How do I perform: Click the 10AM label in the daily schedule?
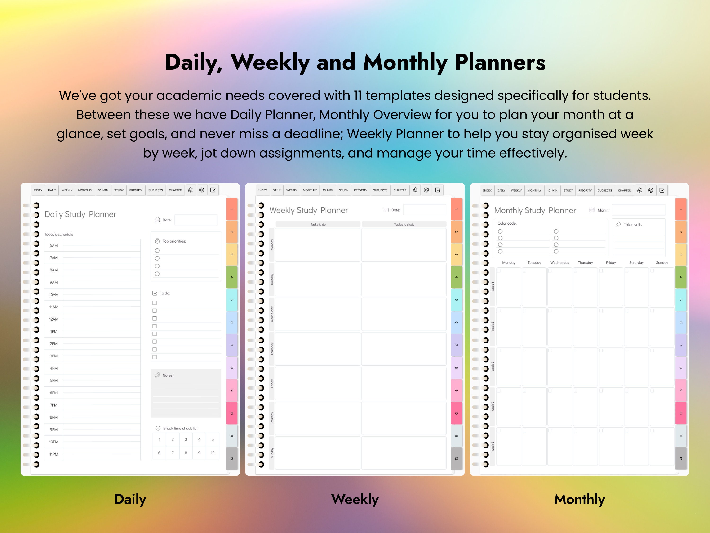(53, 295)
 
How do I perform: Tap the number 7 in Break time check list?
(173, 453)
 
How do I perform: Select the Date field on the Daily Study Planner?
(196, 220)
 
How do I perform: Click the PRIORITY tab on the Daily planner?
(136, 190)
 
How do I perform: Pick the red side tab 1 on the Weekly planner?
(457, 209)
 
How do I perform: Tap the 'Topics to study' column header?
(404, 224)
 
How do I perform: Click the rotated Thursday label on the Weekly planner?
(272, 349)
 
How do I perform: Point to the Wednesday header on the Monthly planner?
(559, 262)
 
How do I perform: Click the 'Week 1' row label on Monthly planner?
(492, 287)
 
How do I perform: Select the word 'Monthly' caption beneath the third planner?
(579, 499)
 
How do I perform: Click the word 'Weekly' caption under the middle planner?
(355, 499)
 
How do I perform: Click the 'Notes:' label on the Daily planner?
(168, 375)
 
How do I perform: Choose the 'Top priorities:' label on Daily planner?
(174, 241)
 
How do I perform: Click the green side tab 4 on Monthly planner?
(681, 277)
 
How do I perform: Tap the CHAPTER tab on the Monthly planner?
(624, 190)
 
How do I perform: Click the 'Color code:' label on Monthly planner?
(507, 223)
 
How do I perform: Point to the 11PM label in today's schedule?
(53, 454)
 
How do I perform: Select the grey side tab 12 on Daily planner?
(232, 458)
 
